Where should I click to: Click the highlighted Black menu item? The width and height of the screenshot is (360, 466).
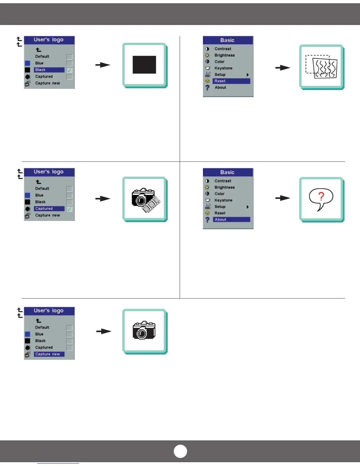(x=49, y=70)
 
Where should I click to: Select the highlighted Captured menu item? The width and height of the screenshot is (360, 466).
(x=49, y=209)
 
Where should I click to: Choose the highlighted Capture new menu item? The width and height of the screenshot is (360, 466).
(x=49, y=354)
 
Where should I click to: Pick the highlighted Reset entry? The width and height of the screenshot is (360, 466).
(x=231, y=81)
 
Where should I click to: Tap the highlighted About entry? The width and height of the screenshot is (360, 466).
(x=231, y=219)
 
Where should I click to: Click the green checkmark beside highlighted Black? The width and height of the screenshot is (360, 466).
(x=69, y=70)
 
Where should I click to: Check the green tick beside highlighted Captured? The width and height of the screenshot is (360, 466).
(x=69, y=209)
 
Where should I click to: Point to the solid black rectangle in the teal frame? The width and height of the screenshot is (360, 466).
(x=144, y=65)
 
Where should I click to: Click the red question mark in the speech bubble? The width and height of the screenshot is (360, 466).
(x=321, y=196)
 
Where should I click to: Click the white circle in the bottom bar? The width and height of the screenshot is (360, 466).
(x=180, y=451)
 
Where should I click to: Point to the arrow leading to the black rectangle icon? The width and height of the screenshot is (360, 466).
(x=103, y=65)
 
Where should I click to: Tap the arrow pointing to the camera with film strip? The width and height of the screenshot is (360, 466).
(x=103, y=199)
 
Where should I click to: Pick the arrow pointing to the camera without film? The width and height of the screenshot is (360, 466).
(x=104, y=332)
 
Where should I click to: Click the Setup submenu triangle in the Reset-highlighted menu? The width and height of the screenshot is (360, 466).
(x=248, y=75)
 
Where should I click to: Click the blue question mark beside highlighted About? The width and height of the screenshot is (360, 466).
(x=207, y=219)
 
